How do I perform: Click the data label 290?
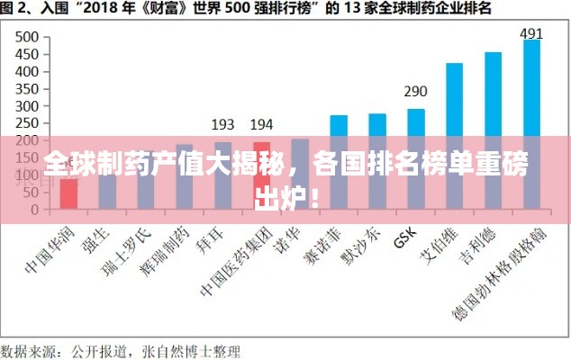415,92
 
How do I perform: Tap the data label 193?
222,124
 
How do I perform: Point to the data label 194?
261,124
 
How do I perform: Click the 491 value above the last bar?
531,34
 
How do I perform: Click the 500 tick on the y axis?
26,38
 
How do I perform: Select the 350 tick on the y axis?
26,89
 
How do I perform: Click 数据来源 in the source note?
27,347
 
